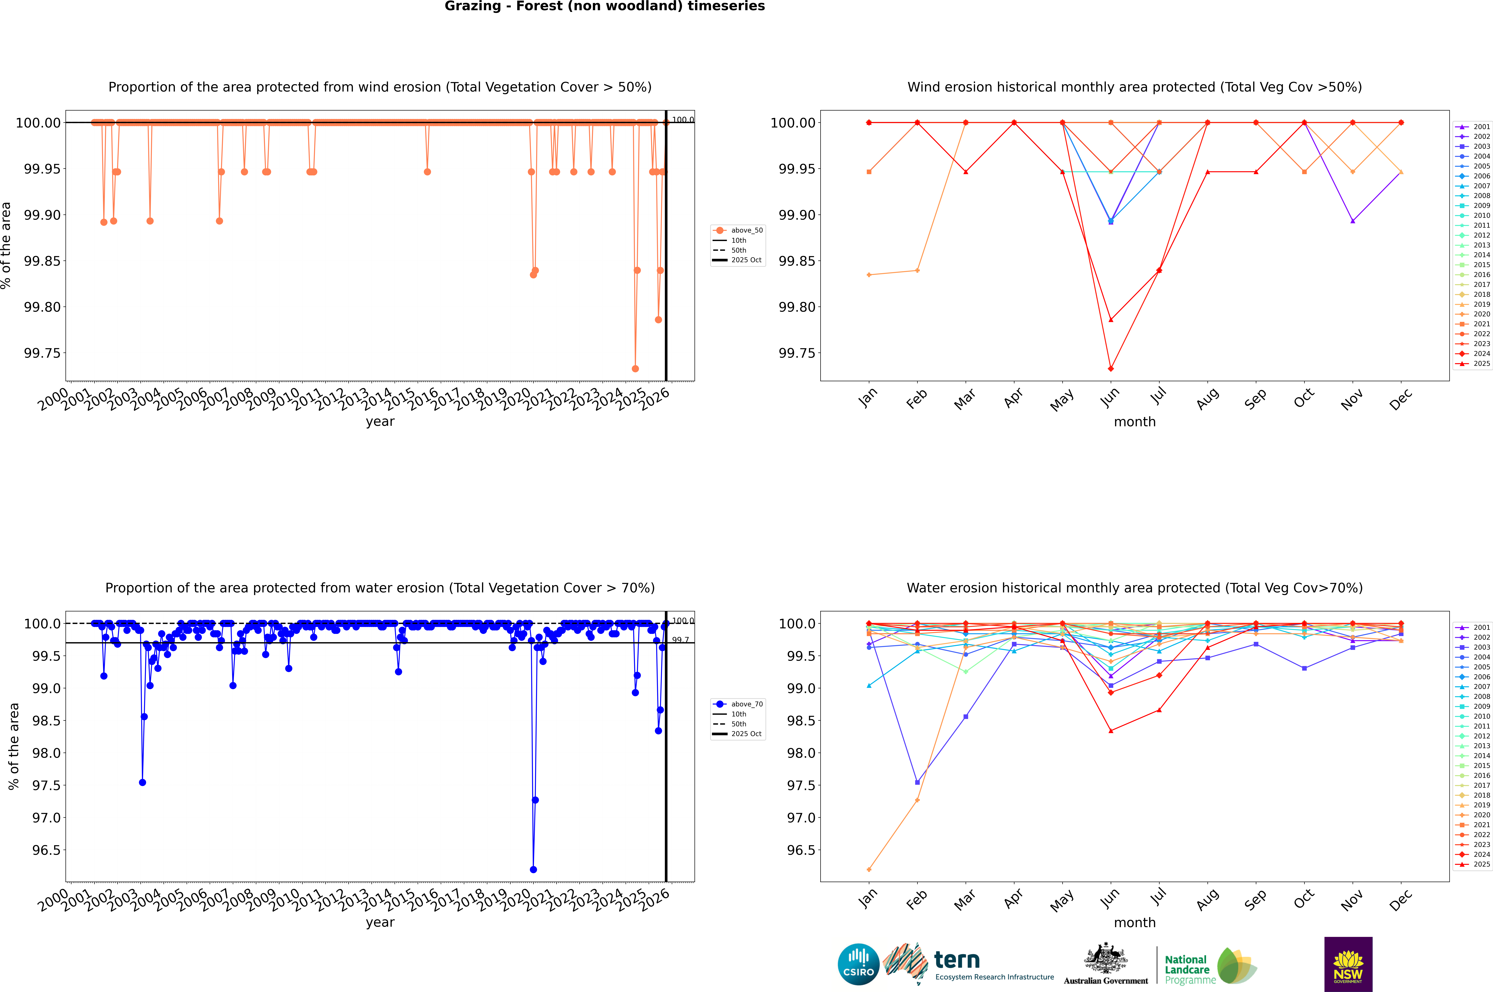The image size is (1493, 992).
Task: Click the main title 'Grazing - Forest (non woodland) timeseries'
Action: tap(604, 6)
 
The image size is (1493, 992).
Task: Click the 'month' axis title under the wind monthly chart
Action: tap(1134, 422)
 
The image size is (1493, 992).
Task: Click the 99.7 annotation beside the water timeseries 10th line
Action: tap(680, 640)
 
